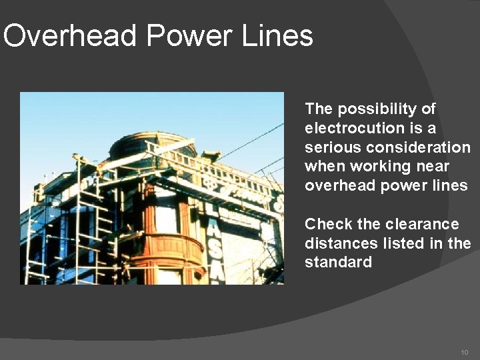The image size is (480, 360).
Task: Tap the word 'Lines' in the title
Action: click(278, 35)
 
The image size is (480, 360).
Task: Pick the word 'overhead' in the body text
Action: click(340, 185)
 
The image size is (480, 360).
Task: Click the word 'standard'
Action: click(338, 263)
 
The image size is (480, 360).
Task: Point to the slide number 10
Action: click(465, 351)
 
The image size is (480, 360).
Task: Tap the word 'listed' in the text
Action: click(395, 243)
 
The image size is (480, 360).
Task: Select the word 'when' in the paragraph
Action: click(323, 166)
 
